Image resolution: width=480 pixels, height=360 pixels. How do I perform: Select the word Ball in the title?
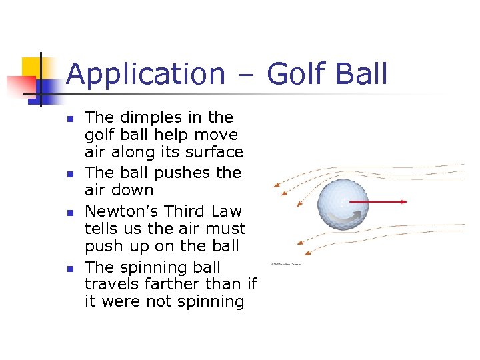[360, 74]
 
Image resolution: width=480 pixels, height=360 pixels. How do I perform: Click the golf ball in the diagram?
[342, 201]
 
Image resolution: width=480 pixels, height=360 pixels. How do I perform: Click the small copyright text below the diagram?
[287, 265]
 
